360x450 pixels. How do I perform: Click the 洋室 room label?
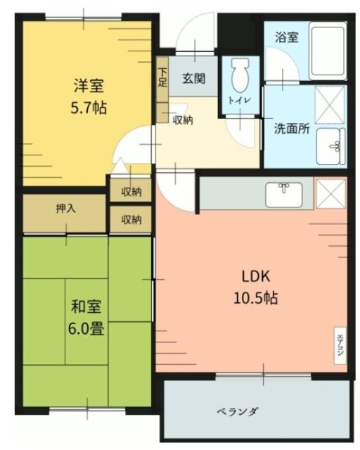pos(89,88)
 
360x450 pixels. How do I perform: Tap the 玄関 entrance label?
pos(193,79)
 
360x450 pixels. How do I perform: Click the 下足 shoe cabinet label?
pos(162,77)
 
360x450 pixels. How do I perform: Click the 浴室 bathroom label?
pos(286,38)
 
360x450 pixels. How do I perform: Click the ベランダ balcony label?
pos(237,411)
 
